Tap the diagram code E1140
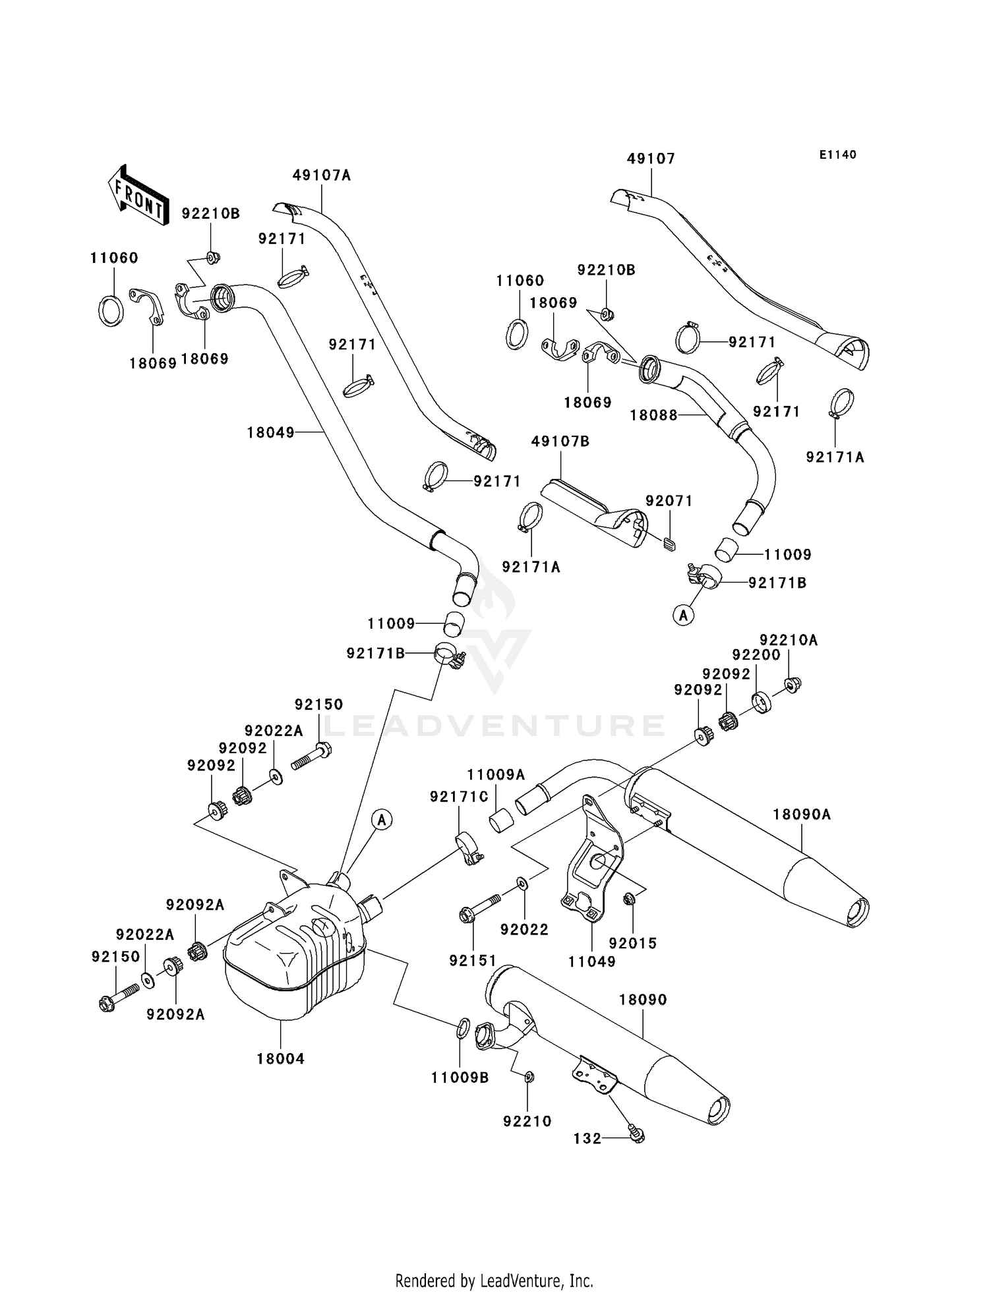(838, 155)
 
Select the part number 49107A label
(322, 175)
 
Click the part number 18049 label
(271, 433)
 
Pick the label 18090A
(802, 815)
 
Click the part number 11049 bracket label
(592, 962)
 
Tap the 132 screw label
(587, 1138)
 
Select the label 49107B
(560, 442)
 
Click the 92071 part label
(669, 501)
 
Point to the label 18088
(654, 415)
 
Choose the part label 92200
(756, 655)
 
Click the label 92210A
(789, 640)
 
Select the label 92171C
(459, 797)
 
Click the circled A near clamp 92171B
(683, 615)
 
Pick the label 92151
(473, 961)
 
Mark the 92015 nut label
(633, 944)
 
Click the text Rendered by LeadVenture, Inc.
(494, 1280)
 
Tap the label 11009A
(496, 775)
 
